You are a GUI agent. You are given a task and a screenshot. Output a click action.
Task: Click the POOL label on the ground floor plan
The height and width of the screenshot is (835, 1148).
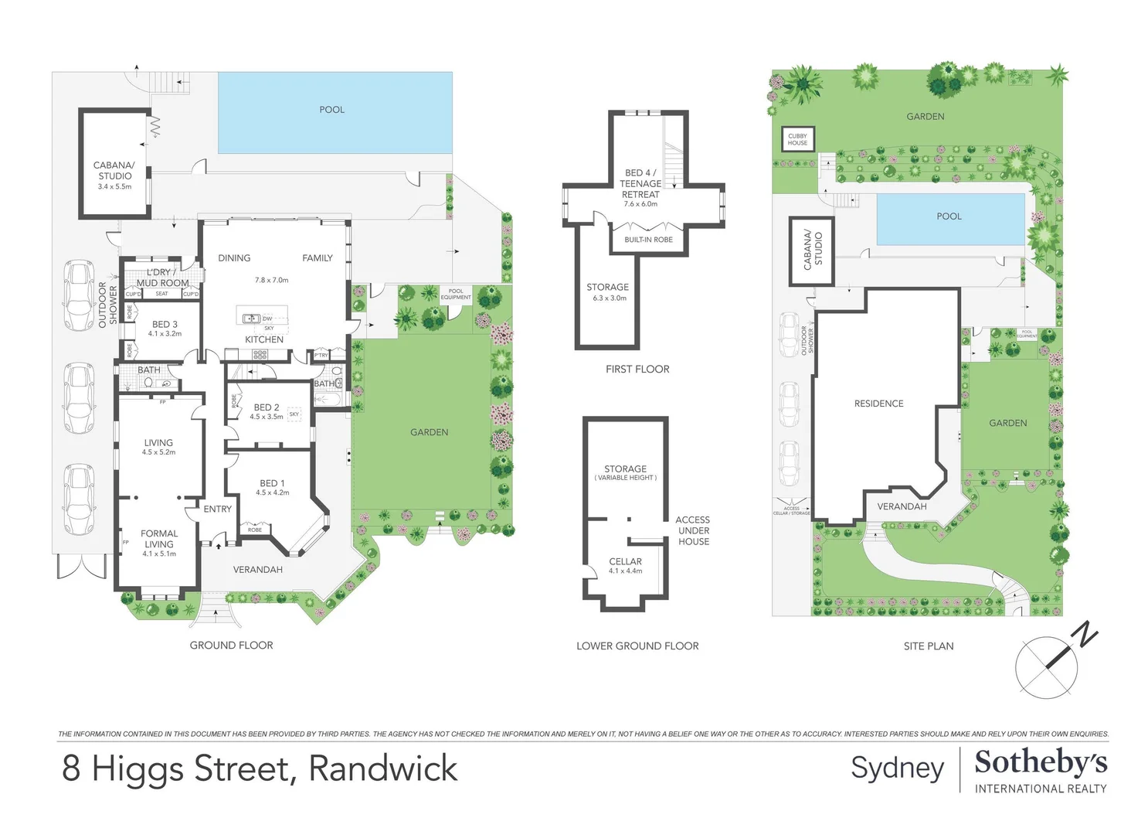(x=331, y=110)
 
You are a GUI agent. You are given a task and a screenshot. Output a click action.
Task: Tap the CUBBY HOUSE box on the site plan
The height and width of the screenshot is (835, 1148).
(x=797, y=139)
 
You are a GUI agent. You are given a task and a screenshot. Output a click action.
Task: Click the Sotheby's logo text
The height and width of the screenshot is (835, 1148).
(x=1040, y=762)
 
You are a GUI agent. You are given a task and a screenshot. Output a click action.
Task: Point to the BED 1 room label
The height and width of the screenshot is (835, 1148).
(x=272, y=483)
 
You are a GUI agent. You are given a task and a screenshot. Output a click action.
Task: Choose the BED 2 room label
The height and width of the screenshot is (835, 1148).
(x=267, y=407)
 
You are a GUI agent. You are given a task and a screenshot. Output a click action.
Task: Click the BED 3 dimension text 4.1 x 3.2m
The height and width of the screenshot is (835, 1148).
(x=165, y=334)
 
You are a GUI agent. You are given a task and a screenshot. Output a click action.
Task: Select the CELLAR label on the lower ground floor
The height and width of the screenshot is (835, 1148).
(x=625, y=561)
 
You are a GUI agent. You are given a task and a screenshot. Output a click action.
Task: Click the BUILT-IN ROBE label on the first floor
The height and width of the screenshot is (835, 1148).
(x=648, y=240)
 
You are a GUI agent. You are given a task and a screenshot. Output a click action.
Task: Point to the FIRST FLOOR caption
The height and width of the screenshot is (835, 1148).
(x=637, y=370)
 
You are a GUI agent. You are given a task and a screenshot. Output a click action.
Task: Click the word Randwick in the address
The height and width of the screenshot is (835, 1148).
(x=383, y=769)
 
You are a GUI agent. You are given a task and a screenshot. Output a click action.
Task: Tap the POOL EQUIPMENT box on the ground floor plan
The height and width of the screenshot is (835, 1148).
(x=456, y=295)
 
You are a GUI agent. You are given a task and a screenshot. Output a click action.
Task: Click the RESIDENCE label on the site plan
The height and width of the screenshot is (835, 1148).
(x=878, y=404)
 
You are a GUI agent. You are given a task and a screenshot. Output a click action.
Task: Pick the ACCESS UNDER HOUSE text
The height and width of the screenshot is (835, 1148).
(x=693, y=531)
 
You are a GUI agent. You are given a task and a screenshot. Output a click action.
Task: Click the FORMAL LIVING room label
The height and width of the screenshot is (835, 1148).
(x=159, y=539)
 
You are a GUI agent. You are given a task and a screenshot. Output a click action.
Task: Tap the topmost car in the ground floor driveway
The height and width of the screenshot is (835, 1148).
(x=79, y=295)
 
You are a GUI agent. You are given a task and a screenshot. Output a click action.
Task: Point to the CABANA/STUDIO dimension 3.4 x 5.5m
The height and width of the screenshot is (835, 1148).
(x=114, y=186)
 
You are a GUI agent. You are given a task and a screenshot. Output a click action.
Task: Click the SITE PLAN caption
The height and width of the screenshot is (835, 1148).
(x=928, y=646)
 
